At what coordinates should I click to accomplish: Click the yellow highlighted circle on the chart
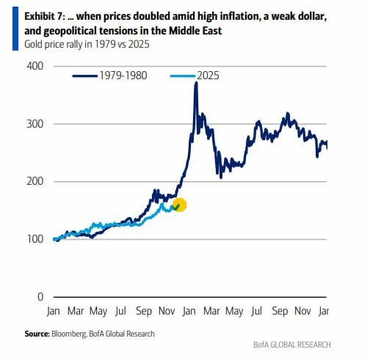click(178, 206)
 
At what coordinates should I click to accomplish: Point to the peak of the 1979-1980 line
click(195, 84)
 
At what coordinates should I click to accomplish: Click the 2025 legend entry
click(195, 76)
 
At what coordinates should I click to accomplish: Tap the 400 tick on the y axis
click(35, 66)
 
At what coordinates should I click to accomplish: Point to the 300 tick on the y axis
click(35, 124)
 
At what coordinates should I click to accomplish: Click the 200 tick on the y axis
click(35, 182)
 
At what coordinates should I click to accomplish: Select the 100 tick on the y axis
click(35, 239)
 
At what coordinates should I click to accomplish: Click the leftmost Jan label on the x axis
click(53, 312)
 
